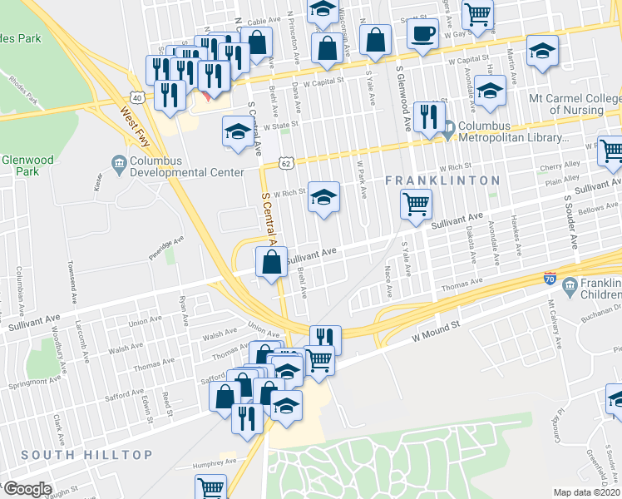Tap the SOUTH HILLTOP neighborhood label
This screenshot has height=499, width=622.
(87, 455)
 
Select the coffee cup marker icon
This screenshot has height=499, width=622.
(423, 34)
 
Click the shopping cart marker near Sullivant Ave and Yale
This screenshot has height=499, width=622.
(415, 203)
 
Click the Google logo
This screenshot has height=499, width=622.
(27, 488)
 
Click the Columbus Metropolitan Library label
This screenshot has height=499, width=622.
(511, 132)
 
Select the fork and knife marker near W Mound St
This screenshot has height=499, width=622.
(326, 338)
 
